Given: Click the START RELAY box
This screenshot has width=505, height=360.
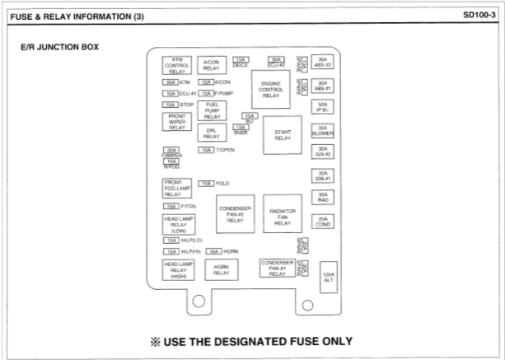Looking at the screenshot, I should coord(283,135).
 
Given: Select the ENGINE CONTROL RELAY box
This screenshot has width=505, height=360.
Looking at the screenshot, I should coord(270,90).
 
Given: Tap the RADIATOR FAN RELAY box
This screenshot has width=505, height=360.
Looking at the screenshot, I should coord(283,217).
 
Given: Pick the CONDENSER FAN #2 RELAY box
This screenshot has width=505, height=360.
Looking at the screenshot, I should coord(235,214).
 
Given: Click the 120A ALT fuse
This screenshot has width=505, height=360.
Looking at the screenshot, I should coord(328,278).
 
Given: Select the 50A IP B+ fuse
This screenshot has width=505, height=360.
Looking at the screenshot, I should coord(323,108).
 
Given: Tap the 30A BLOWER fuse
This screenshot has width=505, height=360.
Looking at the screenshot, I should coord(323,131).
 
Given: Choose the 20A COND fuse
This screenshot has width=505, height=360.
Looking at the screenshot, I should coord(323,221).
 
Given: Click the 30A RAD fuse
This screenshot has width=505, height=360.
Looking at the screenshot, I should coord(323,198).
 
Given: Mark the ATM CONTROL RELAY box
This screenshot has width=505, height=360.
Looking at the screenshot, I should coord(177,65).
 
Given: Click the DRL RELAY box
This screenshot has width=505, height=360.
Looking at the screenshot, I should coord(212,134).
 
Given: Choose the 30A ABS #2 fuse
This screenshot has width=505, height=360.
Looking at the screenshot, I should coord(323,63).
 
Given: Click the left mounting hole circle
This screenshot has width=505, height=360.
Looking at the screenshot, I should coord(199,302).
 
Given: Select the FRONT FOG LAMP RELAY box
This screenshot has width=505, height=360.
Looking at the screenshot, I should coord(177,188).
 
